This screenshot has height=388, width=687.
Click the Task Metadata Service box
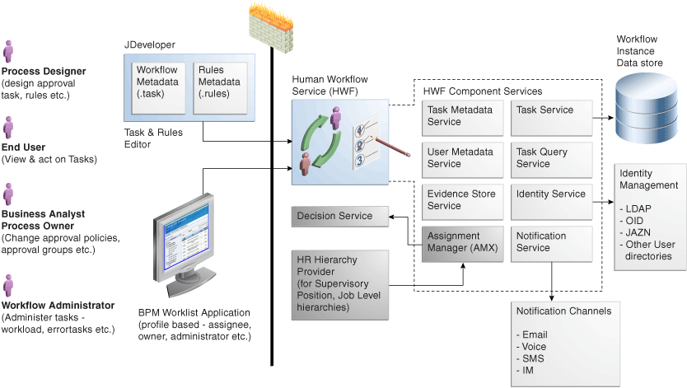click(x=461, y=117)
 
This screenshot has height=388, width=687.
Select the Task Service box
click(x=551, y=117)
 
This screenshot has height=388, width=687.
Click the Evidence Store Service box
click(x=461, y=201)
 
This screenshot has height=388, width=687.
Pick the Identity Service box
click(x=551, y=201)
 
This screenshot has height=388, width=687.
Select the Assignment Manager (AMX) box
click(x=461, y=243)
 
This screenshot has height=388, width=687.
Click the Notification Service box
click(x=551, y=243)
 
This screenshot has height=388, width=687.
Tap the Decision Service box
click(x=339, y=217)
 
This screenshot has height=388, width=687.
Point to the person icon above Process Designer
click(x=8, y=51)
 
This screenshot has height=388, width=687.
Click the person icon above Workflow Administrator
click(x=8, y=285)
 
